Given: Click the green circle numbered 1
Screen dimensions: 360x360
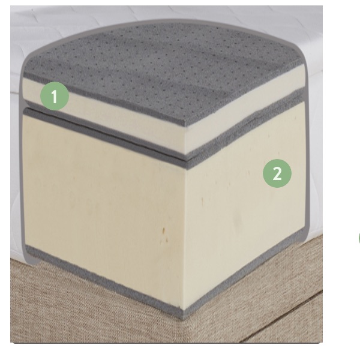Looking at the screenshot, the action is point(55,96).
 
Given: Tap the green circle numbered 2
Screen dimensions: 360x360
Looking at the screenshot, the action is point(277,173).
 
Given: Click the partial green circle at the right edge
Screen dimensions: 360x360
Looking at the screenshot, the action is point(359,239).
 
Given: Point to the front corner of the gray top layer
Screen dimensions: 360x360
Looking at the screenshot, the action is point(185,126).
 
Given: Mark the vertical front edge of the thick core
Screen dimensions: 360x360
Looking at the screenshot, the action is point(185,239).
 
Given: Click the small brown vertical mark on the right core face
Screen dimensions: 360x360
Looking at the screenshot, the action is point(202,202).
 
